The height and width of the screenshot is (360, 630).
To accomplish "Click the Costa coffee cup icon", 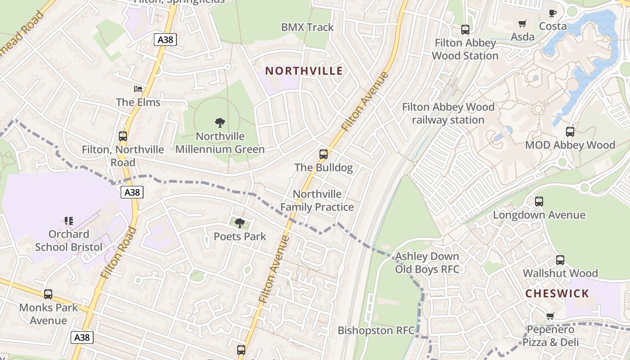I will click(x=553, y=13).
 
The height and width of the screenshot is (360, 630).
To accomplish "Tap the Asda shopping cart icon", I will click(x=522, y=23).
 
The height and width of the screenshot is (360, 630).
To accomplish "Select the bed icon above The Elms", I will click(x=138, y=89).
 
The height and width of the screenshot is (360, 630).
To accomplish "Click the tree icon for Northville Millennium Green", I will click(x=220, y=122).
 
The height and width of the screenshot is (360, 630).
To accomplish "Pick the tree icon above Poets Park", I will click(x=240, y=223).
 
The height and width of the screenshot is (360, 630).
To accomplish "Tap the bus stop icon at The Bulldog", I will click(x=324, y=154).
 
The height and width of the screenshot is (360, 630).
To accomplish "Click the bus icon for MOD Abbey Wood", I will click(x=570, y=132).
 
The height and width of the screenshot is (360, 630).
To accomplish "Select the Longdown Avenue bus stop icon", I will click(x=539, y=202).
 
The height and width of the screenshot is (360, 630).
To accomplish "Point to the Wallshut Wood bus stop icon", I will click(x=560, y=260).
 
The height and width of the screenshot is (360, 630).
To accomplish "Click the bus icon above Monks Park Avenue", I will click(x=48, y=294).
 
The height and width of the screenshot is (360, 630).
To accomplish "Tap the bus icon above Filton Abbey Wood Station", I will click(x=465, y=30).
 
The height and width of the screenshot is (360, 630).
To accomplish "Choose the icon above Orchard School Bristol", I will click(x=69, y=221).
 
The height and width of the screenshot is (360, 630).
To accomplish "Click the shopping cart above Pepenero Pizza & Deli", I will click(x=550, y=316).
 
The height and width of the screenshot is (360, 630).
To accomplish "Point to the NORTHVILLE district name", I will click(x=304, y=71).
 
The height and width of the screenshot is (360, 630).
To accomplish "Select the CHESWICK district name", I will click(x=557, y=294).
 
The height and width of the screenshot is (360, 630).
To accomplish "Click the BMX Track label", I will click(x=307, y=27).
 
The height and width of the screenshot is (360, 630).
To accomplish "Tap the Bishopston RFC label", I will click(x=376, y=331).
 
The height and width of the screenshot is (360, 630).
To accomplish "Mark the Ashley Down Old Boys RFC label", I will click(x=427, y=263).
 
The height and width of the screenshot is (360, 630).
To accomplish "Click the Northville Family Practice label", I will click(x=317, y=201).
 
